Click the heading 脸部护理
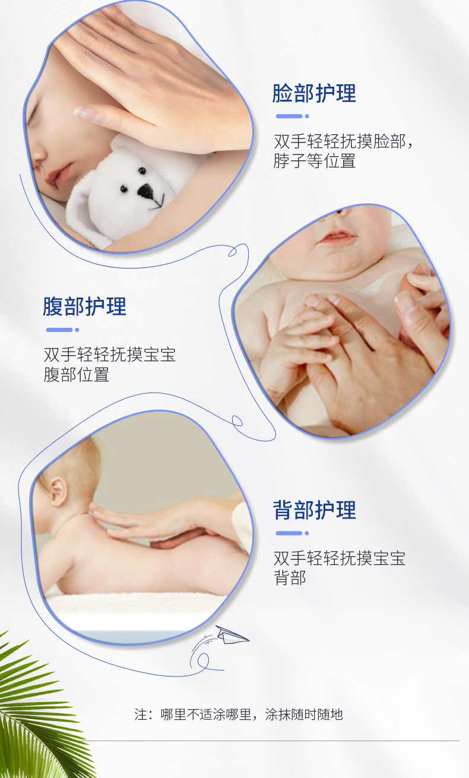pos(314,93)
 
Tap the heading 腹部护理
pos(84,306)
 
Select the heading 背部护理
pos(314,510)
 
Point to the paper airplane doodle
pos(231,635)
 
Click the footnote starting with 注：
pos(239,714)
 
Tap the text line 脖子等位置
pos(314,161)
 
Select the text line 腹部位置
pos(77,374)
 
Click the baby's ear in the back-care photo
pos(57,491)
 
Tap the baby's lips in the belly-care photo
pos(337,236)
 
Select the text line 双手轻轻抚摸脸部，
pos(343,141)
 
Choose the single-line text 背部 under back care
pos(290,578)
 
